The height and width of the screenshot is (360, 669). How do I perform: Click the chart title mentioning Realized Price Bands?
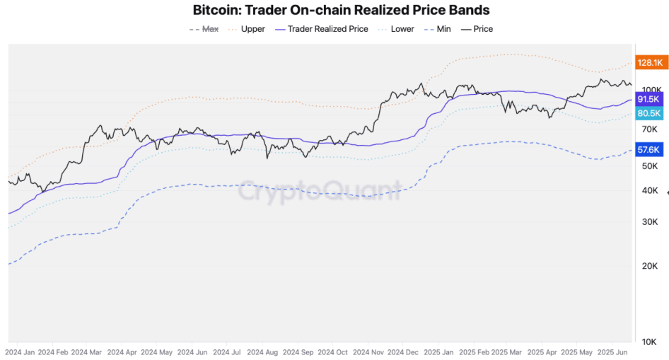tap(341, 11)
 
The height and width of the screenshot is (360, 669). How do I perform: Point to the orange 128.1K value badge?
tap(650, 63)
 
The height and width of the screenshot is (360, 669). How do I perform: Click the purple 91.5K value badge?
tap(648, 100)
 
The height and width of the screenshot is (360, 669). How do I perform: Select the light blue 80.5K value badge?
tap(648, 113)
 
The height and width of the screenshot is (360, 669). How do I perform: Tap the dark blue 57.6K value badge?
tap(648, 150)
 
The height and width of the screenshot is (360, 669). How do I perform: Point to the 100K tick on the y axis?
tap(650, 90)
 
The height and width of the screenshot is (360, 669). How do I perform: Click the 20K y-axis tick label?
tap(650, 266)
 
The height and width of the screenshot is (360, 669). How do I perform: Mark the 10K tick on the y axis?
tap(650, 342)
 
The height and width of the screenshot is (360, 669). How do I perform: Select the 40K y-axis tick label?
tap(650, 190)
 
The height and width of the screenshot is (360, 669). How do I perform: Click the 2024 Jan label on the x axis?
tap(20, 352)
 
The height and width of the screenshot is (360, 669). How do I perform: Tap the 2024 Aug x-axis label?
tap(262, 352)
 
